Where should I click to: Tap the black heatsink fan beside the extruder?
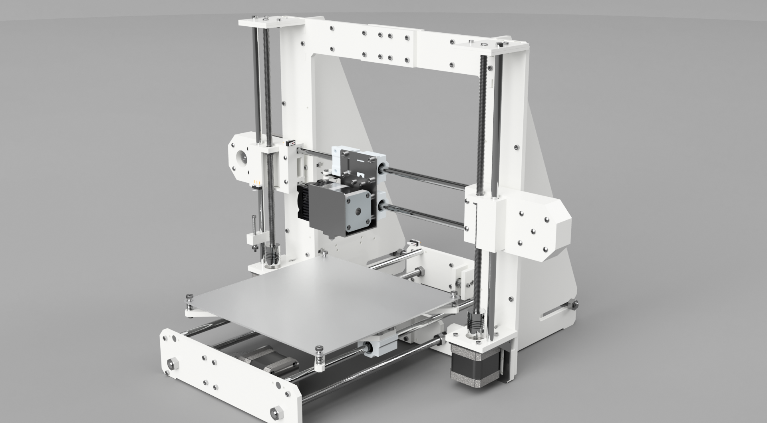pos(307,200)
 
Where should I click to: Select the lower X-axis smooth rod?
pos(423,215)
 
